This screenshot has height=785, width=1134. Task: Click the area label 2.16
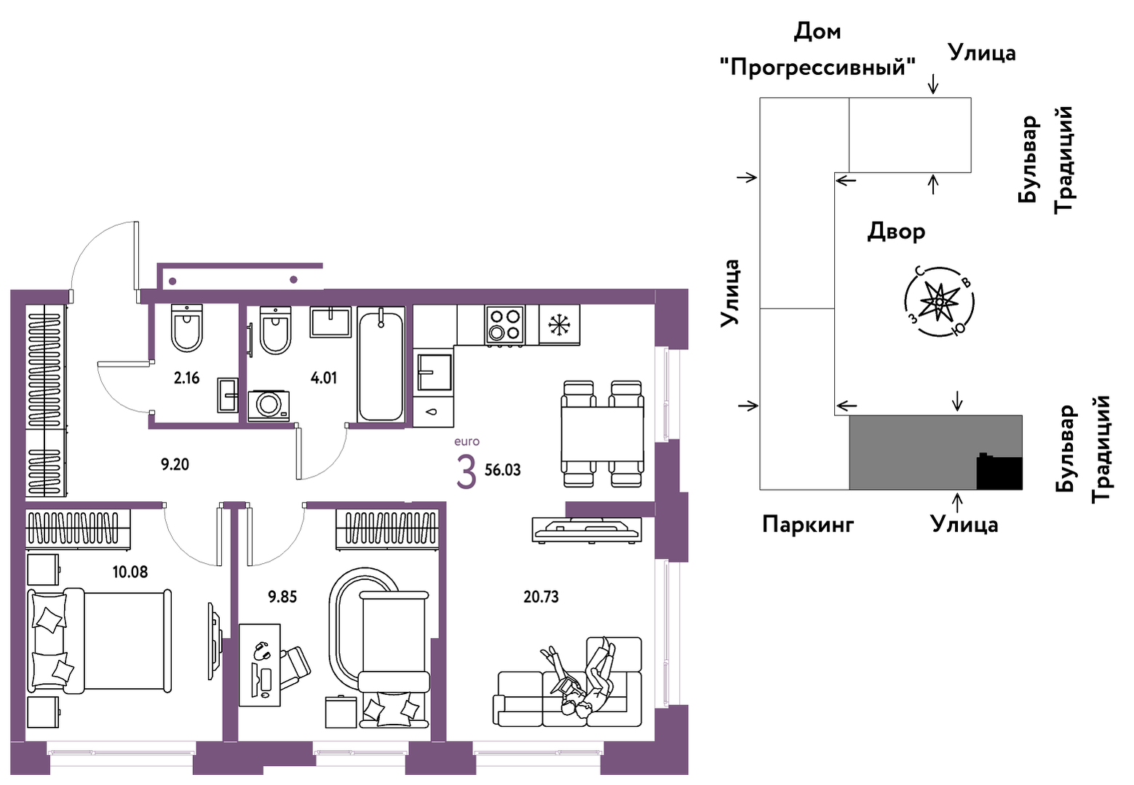(x=186, y=378)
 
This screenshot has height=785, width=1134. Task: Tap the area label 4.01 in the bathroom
(x=323, y=378)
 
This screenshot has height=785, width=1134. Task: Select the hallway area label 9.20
(x=175, y=465)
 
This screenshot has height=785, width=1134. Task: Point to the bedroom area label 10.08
(x=130, y=572)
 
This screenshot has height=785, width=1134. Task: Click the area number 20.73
(x=541, y=597)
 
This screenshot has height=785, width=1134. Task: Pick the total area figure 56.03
(x=503, y=470)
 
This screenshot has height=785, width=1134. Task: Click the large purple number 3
(x=467, y=472)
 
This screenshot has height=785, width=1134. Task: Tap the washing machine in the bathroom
(x=269, y=405)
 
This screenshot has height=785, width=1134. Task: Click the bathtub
(x=381, y=364)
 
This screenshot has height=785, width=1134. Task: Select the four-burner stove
(x=504, y=325)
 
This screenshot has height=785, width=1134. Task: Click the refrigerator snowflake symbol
(x=559, y=325)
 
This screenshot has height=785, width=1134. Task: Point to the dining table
(x=603, y=434)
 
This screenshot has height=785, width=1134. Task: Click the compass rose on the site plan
(x=939, y=302)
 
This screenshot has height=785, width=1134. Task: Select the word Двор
(x=896, y=231)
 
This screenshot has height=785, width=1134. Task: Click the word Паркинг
(x=808, y=525)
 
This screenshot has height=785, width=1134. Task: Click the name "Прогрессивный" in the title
(x=817, y=66)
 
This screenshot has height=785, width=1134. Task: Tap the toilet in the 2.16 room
(x=187, y=327)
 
